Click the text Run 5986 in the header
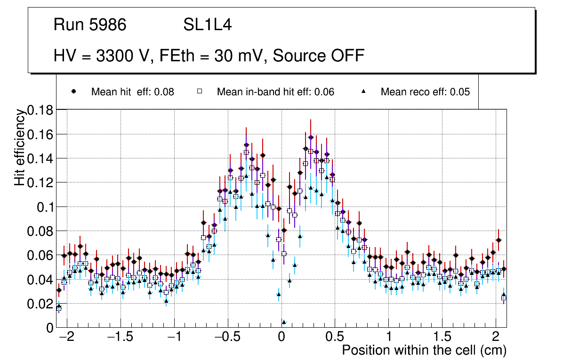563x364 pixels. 90,25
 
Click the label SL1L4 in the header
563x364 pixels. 208,25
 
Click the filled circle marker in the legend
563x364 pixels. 73,91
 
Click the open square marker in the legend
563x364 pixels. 199,91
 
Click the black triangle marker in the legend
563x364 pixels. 364,91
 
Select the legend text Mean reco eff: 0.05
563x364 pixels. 425,92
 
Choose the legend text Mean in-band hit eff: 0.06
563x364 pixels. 275,92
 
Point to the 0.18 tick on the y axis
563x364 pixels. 41,110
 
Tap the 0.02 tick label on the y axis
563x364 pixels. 41,304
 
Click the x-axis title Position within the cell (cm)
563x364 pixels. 424,350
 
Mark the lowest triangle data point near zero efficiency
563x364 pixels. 284,322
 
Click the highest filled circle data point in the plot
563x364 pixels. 311,137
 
